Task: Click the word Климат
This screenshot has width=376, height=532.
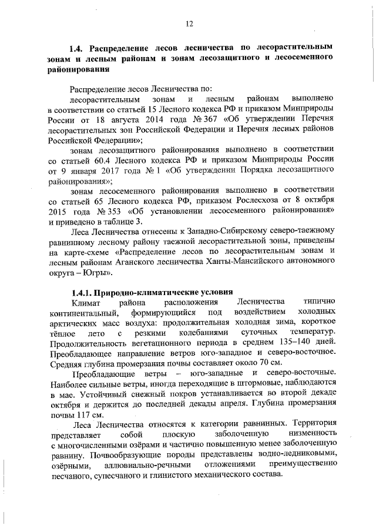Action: click(86, 302)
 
